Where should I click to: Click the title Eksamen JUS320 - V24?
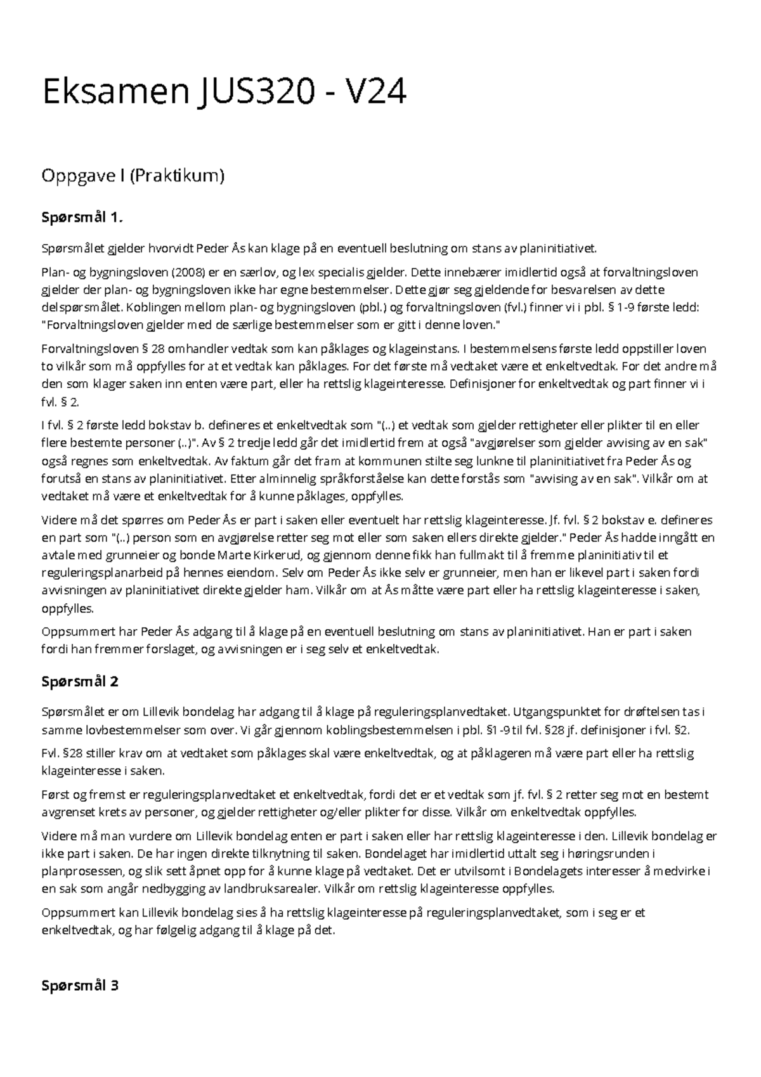tap(223, 93)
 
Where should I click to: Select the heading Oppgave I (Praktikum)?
tap(133, 176)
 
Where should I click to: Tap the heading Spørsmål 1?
tap(81, 218)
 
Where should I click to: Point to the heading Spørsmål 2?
tap(80, 682)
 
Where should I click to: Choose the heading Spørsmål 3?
tap(80, 986)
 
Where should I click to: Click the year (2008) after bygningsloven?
tap(188, 273)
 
